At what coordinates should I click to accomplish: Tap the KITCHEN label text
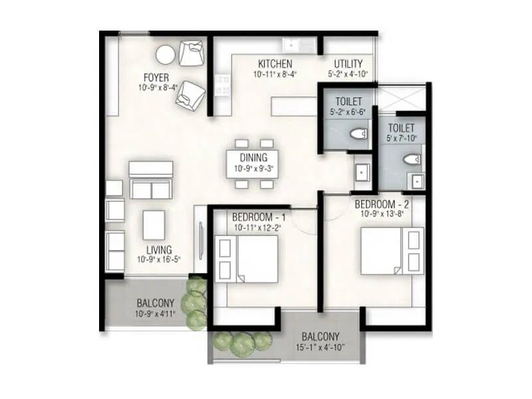[x=275, y=64]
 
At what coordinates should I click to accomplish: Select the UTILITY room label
[x=348, y=64]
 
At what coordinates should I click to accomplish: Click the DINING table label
[x=253, y=158]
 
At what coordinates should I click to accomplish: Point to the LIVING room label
[x=159, y=249]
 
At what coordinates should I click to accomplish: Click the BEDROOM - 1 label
[x=259, y=217]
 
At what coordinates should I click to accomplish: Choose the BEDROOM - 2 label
[x=381, y=203]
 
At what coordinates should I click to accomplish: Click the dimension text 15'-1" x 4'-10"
[x=320, y=348]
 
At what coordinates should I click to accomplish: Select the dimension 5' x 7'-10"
[x=402, y=139]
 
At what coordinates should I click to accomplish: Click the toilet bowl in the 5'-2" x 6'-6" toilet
[x=358, y=134]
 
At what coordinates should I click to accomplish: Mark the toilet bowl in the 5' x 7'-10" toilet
[x=412, y=159]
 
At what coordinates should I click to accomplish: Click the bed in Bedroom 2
[x=383, y=251]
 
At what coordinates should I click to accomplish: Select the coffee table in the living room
[x=154, y=225]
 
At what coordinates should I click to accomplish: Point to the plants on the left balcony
[x=194, y=303]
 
